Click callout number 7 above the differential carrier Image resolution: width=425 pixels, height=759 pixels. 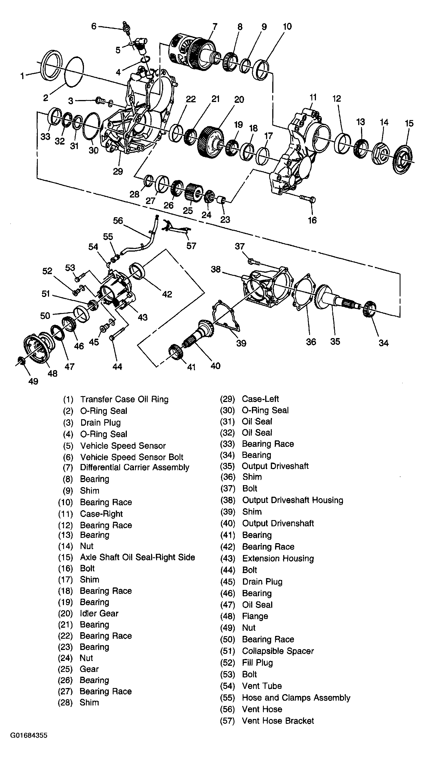coord(214,26)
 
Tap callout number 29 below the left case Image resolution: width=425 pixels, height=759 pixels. coord(118,172)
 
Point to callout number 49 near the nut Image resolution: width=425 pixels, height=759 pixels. coord(33,381)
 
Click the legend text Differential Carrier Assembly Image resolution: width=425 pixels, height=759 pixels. coord(134,467)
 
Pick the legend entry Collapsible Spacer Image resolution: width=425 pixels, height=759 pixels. coord(278,651)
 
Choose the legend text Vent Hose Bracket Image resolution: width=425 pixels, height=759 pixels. coord(278,721)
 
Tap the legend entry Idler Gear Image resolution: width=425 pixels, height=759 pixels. coord(99,613)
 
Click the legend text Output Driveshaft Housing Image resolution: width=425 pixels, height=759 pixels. coord(292,500)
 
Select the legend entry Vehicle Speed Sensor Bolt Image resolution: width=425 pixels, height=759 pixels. coord(132,457)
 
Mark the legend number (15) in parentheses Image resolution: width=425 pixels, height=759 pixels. coord(65,557)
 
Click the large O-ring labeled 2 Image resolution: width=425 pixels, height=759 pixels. coord(73,72)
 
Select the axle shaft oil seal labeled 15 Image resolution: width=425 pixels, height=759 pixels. coord(403,159)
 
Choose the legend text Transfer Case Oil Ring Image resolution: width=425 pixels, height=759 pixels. coord(124,399)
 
